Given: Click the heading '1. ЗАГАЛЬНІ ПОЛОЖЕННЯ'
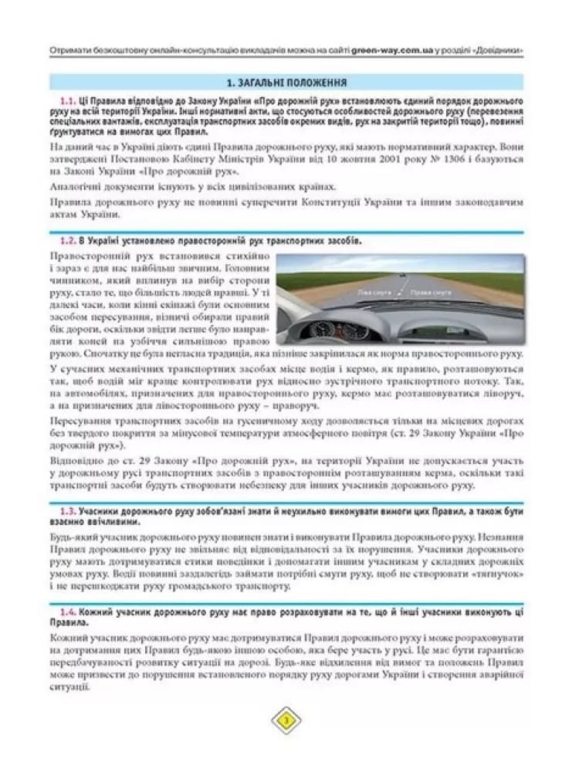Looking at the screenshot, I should click(286, 83).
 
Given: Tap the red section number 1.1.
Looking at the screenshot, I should click(66, 101).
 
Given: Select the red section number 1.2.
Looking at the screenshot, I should click(66, 241).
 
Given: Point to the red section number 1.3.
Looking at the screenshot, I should click(66, 512).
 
